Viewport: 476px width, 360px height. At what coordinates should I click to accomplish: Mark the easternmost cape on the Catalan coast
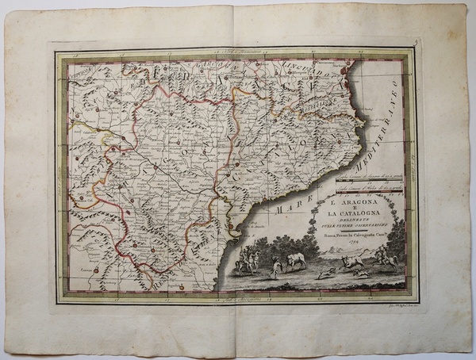[x=364, y=120]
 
